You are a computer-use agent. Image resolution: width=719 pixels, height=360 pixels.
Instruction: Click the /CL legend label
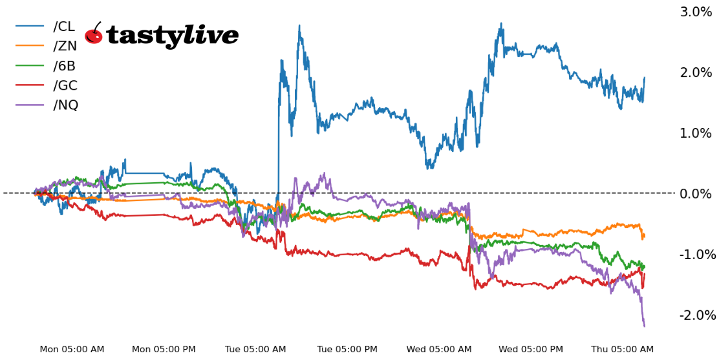64,26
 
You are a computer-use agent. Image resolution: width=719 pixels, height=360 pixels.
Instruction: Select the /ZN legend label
65,46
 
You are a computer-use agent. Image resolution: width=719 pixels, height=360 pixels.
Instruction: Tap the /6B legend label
65,65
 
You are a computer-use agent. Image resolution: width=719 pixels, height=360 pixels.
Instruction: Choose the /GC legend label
65,85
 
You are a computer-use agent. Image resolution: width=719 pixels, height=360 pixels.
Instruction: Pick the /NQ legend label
65,105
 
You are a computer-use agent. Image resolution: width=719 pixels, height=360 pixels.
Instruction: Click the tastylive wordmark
172,36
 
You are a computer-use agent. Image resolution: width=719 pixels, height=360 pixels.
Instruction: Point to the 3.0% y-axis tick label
695,12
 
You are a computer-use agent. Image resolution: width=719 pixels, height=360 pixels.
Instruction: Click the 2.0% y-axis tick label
695,72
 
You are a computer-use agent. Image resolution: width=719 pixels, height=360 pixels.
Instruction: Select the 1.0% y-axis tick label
695,133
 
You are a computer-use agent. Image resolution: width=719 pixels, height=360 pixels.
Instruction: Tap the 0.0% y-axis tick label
695,194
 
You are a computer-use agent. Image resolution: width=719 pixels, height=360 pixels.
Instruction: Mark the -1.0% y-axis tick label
697,255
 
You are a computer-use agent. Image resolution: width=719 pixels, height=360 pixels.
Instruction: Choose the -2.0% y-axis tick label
697,315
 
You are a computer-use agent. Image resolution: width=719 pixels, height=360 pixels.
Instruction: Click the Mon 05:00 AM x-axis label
72,350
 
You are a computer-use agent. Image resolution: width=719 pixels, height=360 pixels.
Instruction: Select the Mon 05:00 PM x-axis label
164,350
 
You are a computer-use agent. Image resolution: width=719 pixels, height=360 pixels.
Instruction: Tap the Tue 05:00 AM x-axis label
255,350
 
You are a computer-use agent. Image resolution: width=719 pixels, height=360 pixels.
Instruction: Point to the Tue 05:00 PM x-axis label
347,350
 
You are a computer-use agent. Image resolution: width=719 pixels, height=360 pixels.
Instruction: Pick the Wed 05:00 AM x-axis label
439,350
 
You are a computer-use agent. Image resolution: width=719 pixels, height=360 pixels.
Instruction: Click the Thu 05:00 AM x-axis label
623,350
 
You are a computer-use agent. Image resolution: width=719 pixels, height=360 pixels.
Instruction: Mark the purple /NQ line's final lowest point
644,326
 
